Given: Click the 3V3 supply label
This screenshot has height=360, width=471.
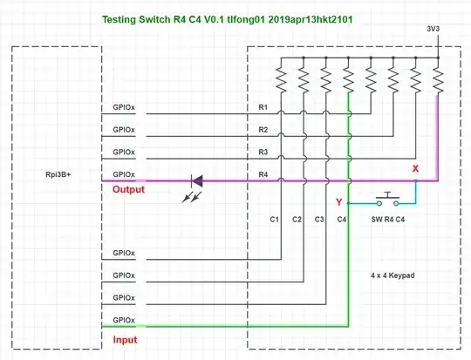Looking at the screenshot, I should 433,29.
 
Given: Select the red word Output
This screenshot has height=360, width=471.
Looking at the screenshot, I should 128,189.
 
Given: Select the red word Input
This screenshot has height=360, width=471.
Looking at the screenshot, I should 125,339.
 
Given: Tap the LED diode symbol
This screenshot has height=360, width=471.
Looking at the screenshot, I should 196,181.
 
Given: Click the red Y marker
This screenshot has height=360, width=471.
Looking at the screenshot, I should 338,202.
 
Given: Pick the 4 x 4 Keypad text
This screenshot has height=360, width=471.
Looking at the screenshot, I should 392,275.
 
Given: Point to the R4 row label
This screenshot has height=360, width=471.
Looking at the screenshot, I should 263,174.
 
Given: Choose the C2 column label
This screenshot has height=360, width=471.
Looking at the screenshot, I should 297,219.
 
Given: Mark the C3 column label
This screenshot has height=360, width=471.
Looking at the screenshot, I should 319,219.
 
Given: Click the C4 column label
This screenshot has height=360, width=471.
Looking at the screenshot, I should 342,219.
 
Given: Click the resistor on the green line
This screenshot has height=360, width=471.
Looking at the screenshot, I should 349,80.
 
